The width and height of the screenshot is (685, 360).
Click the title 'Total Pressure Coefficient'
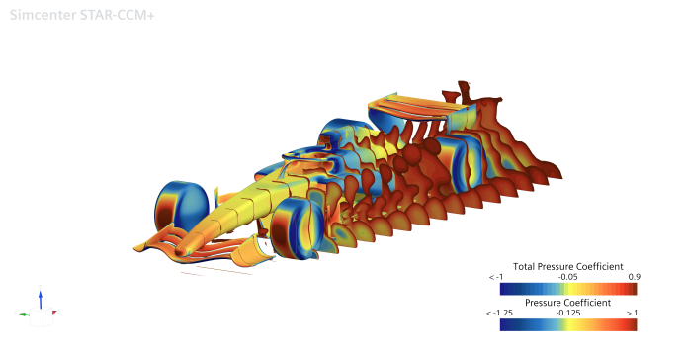[x=567, y=268]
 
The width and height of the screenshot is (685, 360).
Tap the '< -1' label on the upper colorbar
[x=498, y=278]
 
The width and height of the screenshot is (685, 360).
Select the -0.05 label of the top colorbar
[x=567, y=278]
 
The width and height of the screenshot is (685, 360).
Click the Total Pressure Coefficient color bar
[x=567, y=290]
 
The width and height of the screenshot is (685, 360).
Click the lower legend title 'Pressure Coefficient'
[x=567, y=302]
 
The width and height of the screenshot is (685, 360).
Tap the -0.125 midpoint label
[x=567, y=313]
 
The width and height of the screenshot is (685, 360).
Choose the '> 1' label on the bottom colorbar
[x=631, y=313]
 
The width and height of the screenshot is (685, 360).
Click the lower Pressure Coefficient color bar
[x=567, y=324]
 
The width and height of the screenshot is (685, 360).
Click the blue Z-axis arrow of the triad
[x=40, y=297]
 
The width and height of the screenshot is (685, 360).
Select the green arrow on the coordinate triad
[x=25, y=315]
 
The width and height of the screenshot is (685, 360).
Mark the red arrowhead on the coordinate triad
[x=54, y=313]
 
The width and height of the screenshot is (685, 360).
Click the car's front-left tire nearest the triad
[x=175, y=207]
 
